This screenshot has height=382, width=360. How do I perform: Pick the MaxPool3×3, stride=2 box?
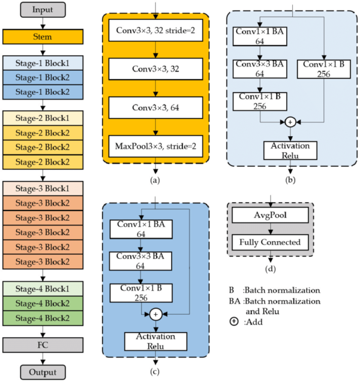pyautogui.click(x=156, y=146)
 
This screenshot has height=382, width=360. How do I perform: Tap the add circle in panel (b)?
pyautogui.click(x=291, y=122)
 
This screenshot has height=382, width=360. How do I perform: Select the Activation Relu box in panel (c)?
pyautogui.click(x=156, y=340)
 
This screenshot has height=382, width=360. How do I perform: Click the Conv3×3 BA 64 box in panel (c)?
pyautogui.click(x=140, y=261)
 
